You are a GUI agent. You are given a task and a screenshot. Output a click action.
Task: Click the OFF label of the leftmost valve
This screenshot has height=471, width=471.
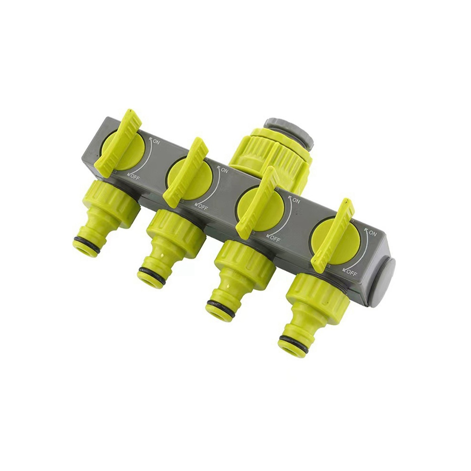134,176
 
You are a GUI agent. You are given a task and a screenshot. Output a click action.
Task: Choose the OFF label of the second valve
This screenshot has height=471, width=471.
202,206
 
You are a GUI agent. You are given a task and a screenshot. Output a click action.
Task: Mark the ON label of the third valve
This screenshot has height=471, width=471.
295,201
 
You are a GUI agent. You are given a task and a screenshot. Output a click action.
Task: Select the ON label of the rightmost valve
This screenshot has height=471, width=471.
372,233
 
